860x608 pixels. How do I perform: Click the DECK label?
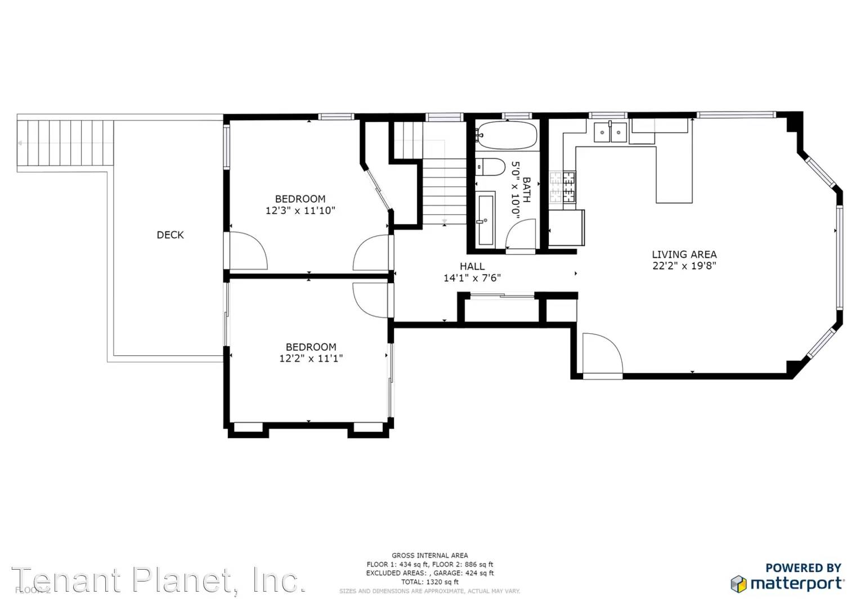pyautogui.click(x=170, y=235)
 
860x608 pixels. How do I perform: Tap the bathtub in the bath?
pyautogui.click(x=505, y=135)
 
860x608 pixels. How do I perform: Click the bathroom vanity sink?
pyautogui.click(x=486, y=220)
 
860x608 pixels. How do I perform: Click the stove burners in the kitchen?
pyautogui.click(x=563, y=187)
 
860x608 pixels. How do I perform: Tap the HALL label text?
pyautogui.click(x=472, y=266)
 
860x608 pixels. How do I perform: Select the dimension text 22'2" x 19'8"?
pyautogui.click(x=684, y=266)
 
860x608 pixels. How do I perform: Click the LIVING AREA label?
pyautogui.click(x=684, y=254)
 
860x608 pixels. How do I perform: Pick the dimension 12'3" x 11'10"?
pyautogui.click(x=300, y=211)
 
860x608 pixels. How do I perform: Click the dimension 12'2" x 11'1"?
pyautogui.click(x=311, y=359)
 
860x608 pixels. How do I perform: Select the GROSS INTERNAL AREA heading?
pyautogui.click(x=429, y=556)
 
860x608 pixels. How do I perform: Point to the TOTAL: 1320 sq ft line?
pyautogui.click(x=429, y=582)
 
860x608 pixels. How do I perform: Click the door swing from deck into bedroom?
pyautogui.click(x=248, y=251)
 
